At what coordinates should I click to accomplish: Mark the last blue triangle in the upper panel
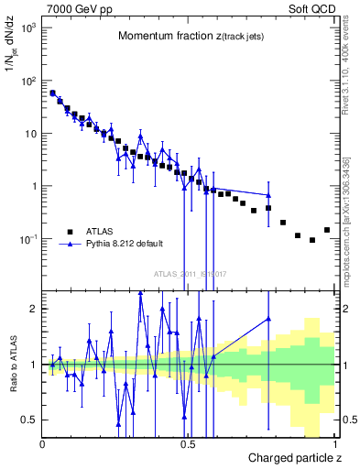(x=268, y=195)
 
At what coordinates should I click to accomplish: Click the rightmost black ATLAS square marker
(x=327, y=230)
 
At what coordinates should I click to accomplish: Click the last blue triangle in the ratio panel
(x=268, y=319)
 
